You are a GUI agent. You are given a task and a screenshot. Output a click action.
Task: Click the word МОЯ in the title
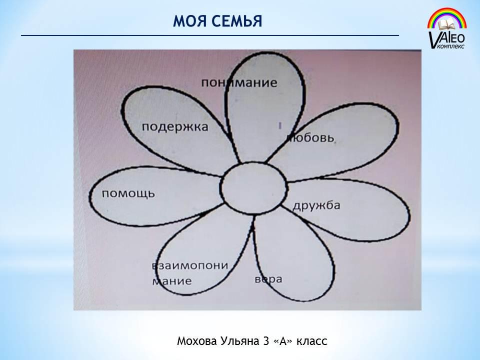click(189, 21)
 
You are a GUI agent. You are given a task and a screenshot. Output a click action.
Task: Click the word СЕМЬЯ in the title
click(236, 21)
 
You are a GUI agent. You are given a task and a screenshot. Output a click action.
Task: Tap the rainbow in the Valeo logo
click(447, 18)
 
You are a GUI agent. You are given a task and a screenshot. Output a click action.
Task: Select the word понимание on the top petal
click(239, 82)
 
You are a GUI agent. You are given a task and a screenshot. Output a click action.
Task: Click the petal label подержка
click(175, 126)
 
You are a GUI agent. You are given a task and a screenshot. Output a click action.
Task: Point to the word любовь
click(310, 138)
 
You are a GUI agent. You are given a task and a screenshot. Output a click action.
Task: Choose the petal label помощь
click(128, 194)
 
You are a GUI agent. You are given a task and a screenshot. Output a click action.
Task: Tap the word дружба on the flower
click(316, 205)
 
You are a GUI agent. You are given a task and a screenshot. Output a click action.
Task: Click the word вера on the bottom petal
click(268, 279)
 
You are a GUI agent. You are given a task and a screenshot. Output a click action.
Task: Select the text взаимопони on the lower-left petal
click(190, 265)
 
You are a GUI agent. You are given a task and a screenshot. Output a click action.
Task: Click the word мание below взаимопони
click(172, 281)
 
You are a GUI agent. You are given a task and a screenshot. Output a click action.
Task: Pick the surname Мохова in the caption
click(196, 341)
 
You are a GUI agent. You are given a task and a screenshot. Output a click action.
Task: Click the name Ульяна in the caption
click(238, 341)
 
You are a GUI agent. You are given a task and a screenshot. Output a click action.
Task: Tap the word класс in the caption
click(312, 341)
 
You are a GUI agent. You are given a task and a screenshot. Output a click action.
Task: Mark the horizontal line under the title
click(210, 35)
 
